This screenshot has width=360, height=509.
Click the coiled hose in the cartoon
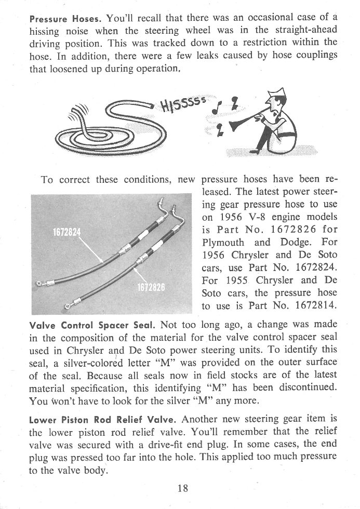(x=99, y=127)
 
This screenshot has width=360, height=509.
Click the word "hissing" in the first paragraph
(x=44, y=31)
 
